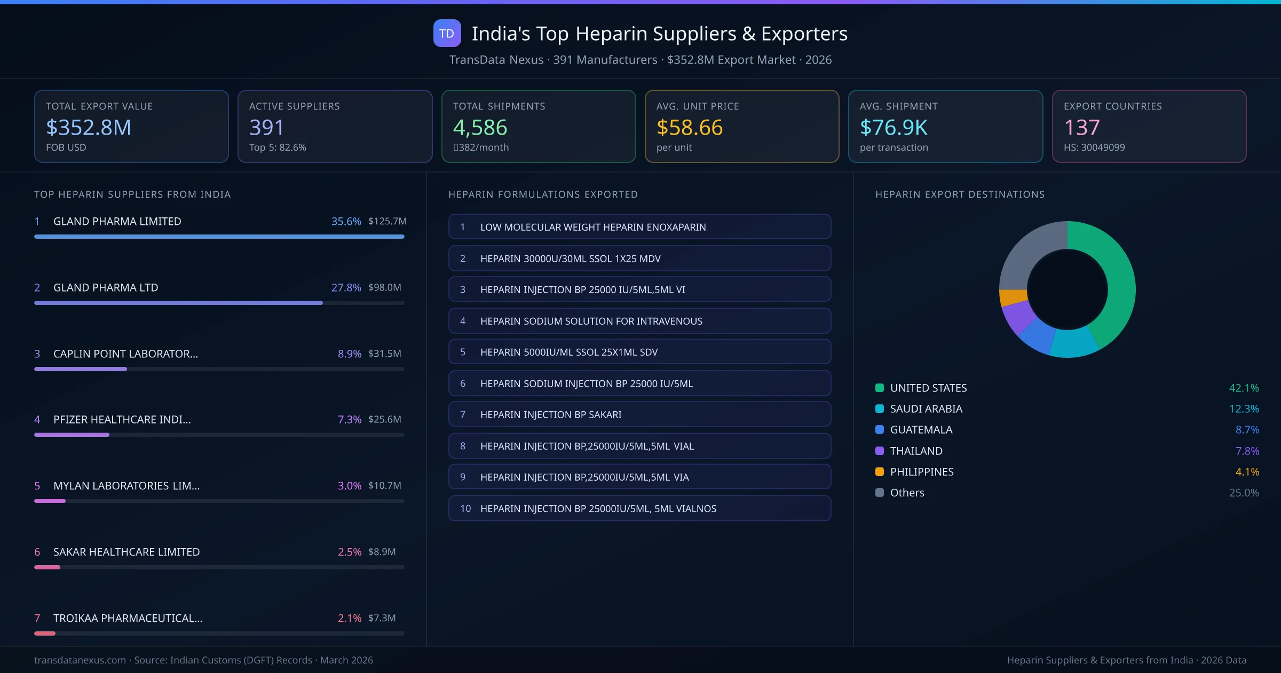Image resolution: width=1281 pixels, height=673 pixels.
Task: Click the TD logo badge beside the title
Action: pyautogui.click(x=447, y=34)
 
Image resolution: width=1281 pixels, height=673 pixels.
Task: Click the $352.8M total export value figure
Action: pyautogui.click(x=89, y=128)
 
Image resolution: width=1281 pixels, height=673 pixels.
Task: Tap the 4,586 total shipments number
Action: pyautogui.click(x=480, y=128)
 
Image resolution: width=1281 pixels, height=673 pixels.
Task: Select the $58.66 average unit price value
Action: pyautogui.click(x=689, y=128)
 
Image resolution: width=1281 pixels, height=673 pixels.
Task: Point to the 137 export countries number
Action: pyautogui.click(x=1081, y=128)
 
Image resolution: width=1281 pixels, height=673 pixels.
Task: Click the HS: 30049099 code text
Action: pyautogui.click(x=1094, y=147)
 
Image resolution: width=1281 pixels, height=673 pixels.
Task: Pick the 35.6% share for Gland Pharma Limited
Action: pyautogui.click(x=346, y=221)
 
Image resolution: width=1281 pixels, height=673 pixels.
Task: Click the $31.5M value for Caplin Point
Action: pyautogui.click(x=384, y=354)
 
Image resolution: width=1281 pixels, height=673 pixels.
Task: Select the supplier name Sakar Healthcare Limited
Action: pyautogui.click(x=126, y=552)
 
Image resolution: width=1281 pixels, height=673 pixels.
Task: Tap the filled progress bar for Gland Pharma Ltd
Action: pyautogui.click(x=178, y=303)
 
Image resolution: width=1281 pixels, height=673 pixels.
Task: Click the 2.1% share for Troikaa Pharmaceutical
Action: pyautogui.click(x=349, y=618)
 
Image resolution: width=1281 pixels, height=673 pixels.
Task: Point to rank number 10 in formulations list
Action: pyautogui.click(x=465, y=508)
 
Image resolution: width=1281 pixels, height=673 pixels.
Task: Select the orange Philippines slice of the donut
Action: pyautogui.click(x=1013, y=297)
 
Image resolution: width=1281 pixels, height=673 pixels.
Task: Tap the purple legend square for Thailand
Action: pyautogui.click(x=880, y=451)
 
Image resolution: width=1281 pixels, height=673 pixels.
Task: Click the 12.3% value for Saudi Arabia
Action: pyautogui.click(x=1244, y=409)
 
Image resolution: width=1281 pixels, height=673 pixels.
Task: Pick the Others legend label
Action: pyautogui.click(x=907, y=492)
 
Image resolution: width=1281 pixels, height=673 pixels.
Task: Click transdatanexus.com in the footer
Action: pyautogui.click(x=80, y=660)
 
